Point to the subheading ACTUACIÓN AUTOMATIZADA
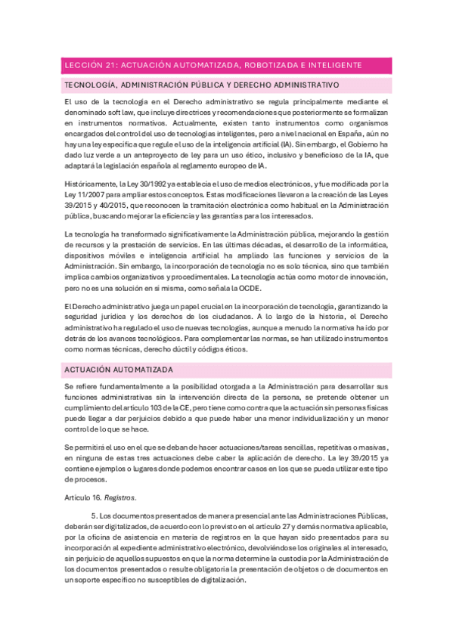coord(119,370)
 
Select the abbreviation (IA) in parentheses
coord(285,144)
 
